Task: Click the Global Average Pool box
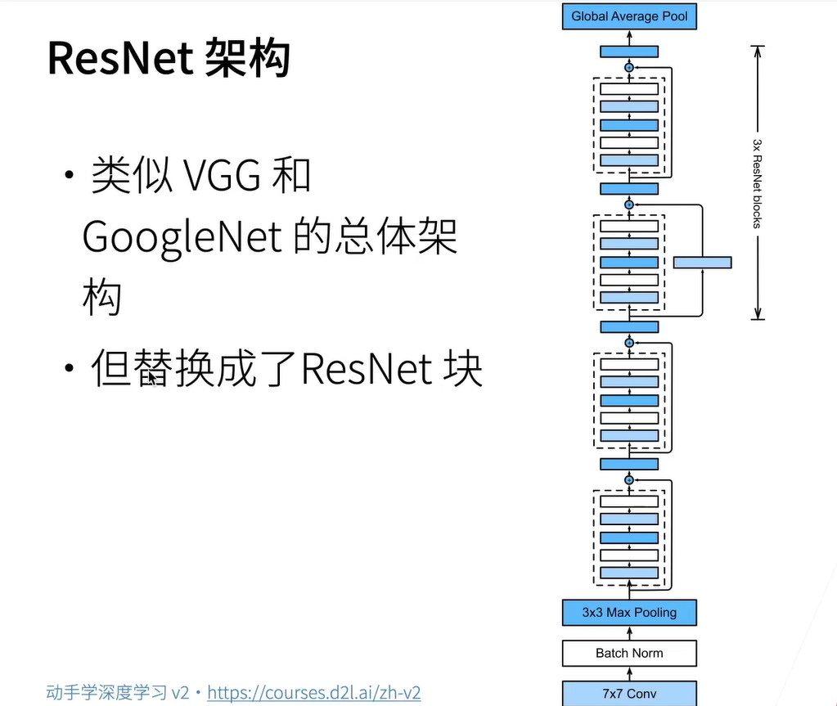[x=629, y=16]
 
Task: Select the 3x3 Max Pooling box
[x=629, y=612]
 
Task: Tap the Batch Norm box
[x=629, y=653]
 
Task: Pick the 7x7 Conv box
[x=629, y=694]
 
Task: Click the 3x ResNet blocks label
[x=758, y=182]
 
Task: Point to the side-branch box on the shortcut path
[x=702, y=263]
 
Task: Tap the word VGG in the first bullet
[x=218, y=175]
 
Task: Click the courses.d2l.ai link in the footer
[x=313, y=693]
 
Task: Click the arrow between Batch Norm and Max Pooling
[x=629, y=632]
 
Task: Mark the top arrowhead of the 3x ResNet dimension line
[x=758, y=50]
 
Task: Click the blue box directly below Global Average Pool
[x=629, y=51]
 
